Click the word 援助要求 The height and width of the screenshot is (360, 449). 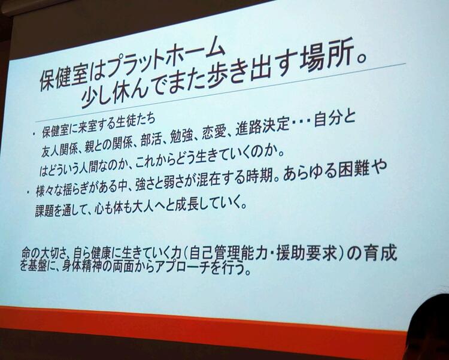(x=308, y=253)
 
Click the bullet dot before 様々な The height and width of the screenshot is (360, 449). (x=28, y=192)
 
